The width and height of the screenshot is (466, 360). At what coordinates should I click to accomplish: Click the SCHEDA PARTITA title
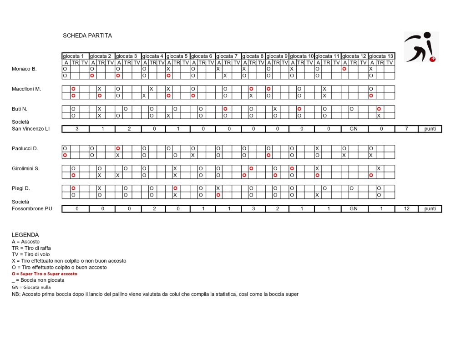(87, 35)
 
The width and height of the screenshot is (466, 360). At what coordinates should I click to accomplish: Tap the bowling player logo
(421, 47)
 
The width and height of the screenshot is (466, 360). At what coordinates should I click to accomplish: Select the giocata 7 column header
(228, 56)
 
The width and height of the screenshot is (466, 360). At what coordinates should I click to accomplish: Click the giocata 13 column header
(381, 56)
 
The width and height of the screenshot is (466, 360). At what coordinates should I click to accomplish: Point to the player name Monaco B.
(24, 69)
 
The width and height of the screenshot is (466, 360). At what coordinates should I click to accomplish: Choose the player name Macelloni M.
(26, 89)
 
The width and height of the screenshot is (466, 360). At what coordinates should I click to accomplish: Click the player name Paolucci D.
(25, 148)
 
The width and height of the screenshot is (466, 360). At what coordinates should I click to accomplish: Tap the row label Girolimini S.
(25, 168)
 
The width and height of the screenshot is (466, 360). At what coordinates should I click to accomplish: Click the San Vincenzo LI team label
(31, 129)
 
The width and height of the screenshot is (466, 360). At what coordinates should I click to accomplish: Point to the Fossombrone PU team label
(31, 208)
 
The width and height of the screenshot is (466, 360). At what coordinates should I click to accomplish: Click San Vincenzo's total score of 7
(406, 129)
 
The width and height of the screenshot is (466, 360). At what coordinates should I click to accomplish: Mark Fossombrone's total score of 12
(406, 208)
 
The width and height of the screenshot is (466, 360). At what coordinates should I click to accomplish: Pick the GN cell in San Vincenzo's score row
(354, 129)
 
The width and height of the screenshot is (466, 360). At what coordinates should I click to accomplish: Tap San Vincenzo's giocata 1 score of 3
(76, 129)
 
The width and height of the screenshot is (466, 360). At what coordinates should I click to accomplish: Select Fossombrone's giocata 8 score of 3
(253, 208)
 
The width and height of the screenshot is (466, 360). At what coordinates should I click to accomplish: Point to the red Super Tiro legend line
(45, 274)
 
